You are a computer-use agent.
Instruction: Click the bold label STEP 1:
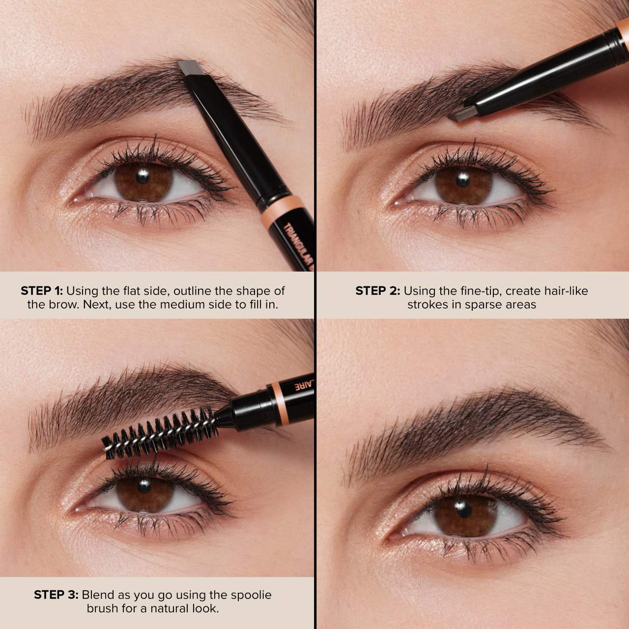click(42, 291)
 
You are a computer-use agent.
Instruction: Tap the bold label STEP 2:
click(377, 291)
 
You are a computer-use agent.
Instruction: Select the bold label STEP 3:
click(56, 595)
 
